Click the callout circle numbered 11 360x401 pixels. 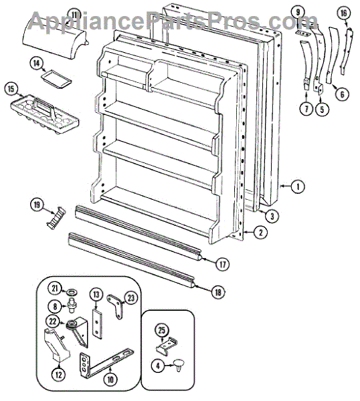click(x=74, y=15)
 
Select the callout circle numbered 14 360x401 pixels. click(x=37, y=63)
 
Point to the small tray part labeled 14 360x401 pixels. click(x=56, y=80)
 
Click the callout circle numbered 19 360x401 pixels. click(x=37, y=205)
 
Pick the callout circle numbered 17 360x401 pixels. click(x=223, y=264)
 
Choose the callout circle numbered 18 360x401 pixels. click(x=218, y=292)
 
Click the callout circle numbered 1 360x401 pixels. click(x=298, y=186)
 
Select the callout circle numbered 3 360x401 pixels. click(x=272, y=216)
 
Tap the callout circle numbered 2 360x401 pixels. click(x=260, y=233)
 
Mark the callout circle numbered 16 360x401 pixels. click(x=343, y=13)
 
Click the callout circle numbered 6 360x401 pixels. click(x=342, y=95)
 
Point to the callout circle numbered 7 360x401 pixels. click(x=306, y=109)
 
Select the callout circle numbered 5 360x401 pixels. click(x=322, y=109)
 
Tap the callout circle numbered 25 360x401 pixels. click(x=161, y=330)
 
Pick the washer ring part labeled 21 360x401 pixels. click(x=72, y=292)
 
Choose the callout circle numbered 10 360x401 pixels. click(x=110, y=380)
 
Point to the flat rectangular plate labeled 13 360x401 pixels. click(x=97, y=324)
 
